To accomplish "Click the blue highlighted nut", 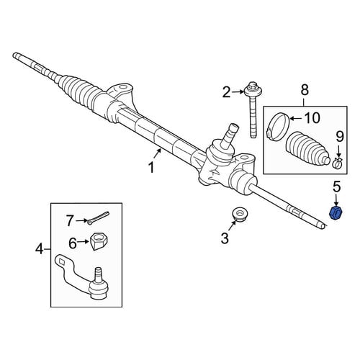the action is pos(336,212).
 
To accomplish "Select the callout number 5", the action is pos(336,186).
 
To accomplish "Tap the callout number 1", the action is pos(151,167).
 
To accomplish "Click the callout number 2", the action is pos(226,92).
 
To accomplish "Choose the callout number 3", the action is pos(225,238).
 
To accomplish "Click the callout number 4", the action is pos(40,250).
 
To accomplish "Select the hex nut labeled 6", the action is pos(99,242).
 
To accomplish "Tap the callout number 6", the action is pos(73,243).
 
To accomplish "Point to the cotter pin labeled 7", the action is pos(99,217).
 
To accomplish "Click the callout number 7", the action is pos(70,220).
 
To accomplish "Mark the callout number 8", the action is pos(305,90).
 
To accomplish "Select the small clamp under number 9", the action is pos(338,163).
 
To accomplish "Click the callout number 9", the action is pos(340,137).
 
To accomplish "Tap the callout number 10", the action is pos(312,118).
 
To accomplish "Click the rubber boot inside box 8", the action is pos(308,148).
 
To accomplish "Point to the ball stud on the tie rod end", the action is pos(98,275).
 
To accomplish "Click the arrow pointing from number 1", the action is pos(158,153).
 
